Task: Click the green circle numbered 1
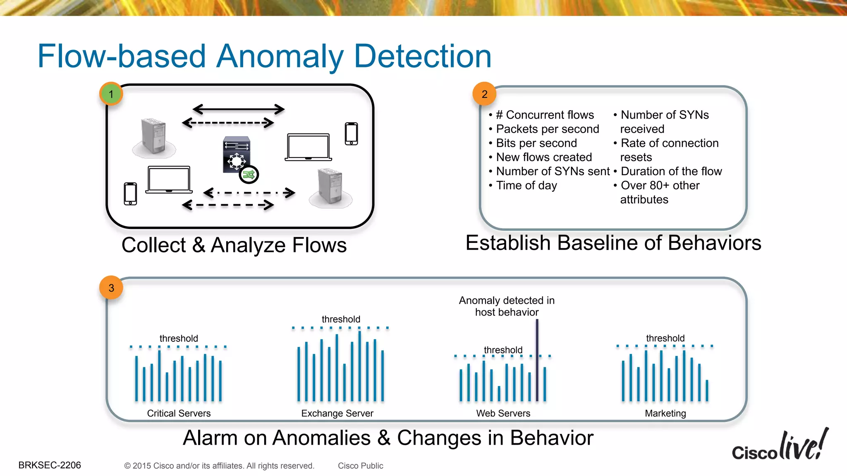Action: pos(111,94)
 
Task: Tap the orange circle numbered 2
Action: pos(484,94)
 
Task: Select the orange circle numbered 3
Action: pos(111,288)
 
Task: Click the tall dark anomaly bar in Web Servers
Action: pos(537,359)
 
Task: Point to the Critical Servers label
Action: pos(179,413)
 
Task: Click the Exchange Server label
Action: pos(337,413)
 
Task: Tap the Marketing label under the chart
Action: pos(665,413)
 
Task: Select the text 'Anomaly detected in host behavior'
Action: pos(507,306)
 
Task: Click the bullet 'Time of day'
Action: pos(526,186)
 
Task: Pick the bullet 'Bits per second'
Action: pos(536,143)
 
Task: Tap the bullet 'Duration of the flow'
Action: pos(671,171)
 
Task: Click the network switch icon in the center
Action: pos(236,155)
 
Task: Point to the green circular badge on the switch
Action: pos(249,174)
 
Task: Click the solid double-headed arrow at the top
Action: pos(238,109)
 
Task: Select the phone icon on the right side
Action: pos(351,133)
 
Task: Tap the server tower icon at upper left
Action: pos(153,136)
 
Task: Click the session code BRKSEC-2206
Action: pos(50,465)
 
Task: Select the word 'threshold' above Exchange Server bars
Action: pos(341,319)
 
